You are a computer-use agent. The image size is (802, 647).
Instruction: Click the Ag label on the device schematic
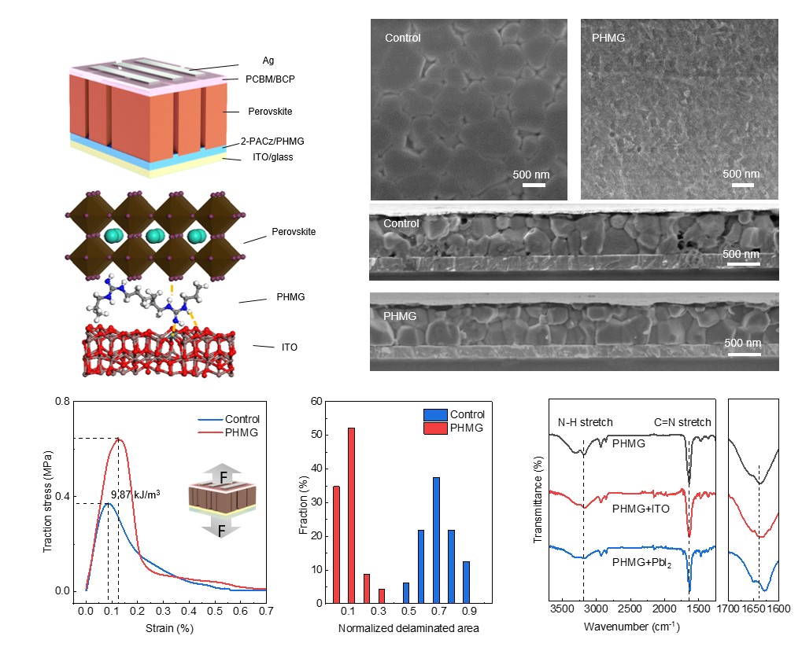[x=268, y=61]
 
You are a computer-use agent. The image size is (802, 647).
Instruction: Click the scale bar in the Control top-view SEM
[x=534, y=186]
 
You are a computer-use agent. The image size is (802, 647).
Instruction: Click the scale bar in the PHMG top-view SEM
[x=743, y=186]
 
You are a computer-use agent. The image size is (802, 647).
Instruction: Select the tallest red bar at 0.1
[x=350, y=515]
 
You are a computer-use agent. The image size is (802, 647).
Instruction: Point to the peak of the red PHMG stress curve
[x=118, y=439]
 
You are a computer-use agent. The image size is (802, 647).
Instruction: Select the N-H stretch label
[x=586, y=422]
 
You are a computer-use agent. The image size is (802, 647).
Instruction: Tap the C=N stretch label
[x=682, y=422]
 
